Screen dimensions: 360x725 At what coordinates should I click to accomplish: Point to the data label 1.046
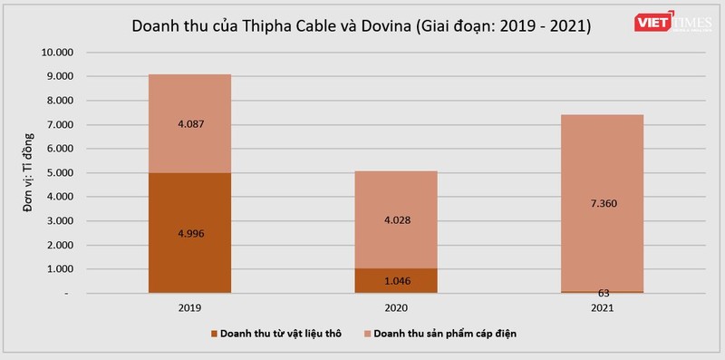(x=396, y=281)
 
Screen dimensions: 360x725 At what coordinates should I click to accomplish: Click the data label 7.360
(x=604, y=205)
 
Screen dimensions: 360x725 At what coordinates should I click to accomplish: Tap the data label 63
(x=604, y=293)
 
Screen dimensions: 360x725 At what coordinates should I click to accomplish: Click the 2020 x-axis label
(x=396, y=308)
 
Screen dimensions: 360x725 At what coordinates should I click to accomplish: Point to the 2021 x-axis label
(x=604, y=308)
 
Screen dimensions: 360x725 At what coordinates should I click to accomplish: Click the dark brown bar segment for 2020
(x=396, y=280)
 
